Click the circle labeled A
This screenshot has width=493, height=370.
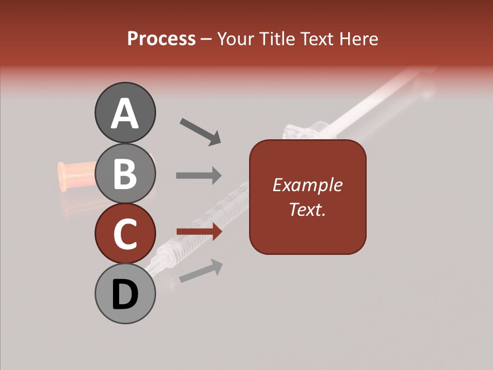click(125, 113)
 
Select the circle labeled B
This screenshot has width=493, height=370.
click(125, 173)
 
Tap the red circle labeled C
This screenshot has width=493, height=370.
click(125, 233)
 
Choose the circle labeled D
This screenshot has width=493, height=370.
click(125, 294)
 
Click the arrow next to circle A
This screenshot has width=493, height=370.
click(200, 131)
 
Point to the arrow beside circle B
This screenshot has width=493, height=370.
click(199, 175)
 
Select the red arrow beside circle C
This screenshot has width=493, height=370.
click(199, 232)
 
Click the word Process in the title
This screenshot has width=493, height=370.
click(161, 39)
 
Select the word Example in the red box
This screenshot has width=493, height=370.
click(307, 185)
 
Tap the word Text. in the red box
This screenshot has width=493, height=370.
click(307, 209)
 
